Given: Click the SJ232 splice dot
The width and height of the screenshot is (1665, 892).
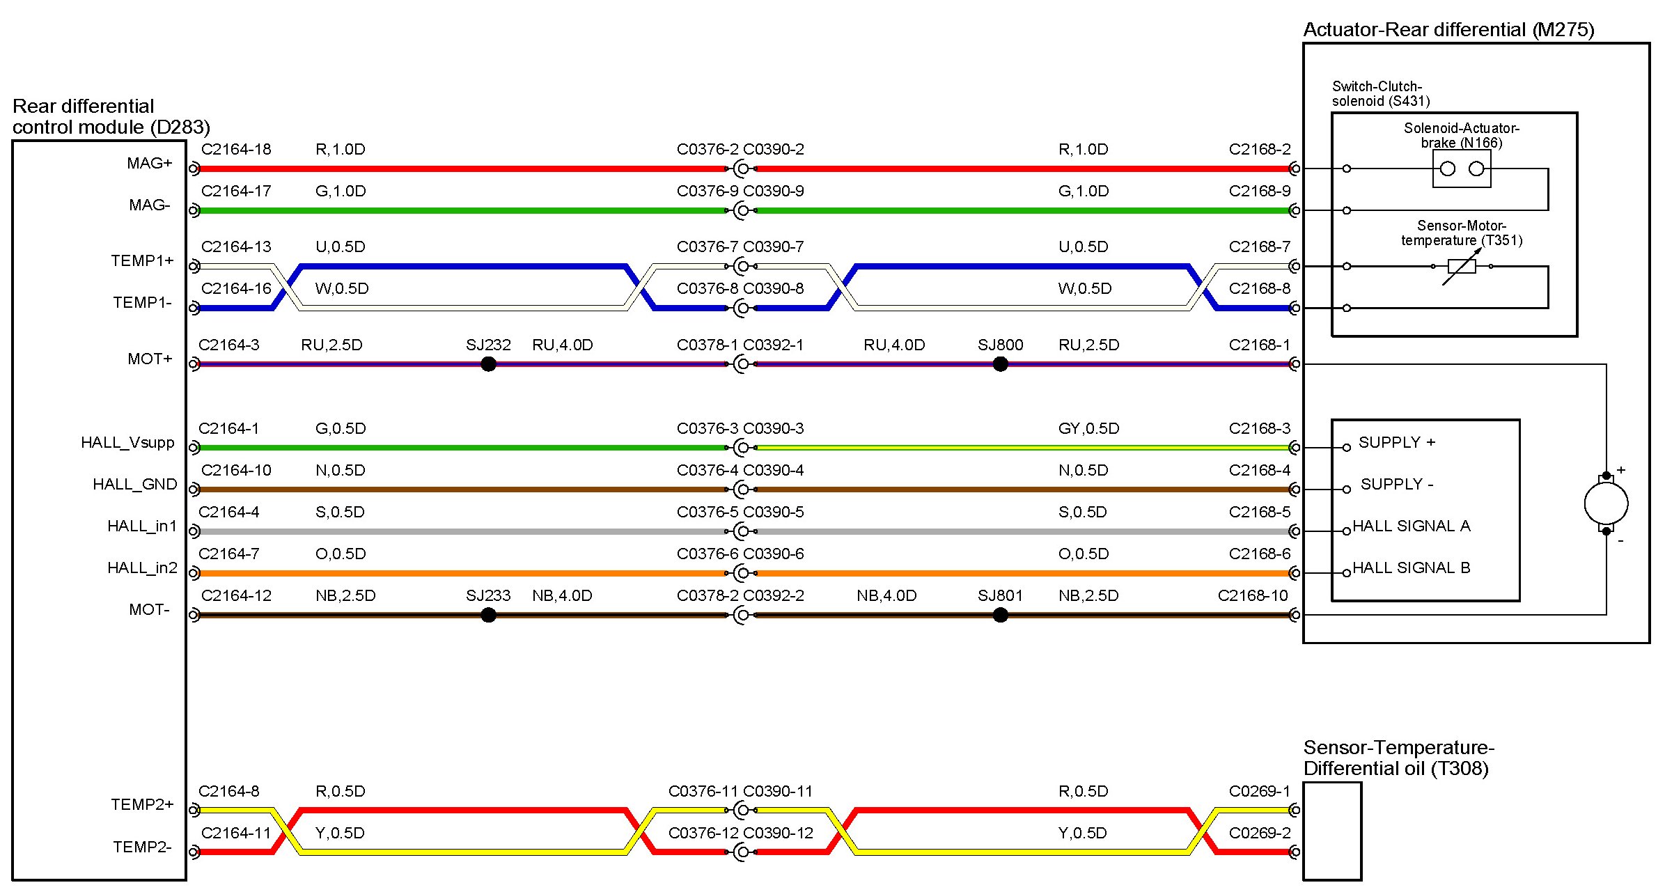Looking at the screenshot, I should (x=489, y=363).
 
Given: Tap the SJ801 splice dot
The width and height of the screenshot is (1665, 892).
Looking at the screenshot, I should (x=1001, y=615).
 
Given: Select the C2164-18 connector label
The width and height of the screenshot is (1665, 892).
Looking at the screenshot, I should (x=236, y=149).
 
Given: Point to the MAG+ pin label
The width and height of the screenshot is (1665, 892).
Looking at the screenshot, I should (x=149, y=163).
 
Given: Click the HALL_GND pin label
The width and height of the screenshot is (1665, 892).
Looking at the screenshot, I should (x=134, y=484).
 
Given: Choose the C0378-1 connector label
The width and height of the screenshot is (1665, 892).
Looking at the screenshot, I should (x=708, y=345).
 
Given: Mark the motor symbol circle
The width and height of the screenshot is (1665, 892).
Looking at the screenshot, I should (x=1606, y=503).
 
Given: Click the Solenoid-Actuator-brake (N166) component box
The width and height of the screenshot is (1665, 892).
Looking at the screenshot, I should (x=1462, y=169).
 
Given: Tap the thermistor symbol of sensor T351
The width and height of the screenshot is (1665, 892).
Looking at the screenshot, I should (x=1462, y=266).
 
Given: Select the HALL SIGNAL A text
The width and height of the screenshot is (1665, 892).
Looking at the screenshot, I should (x=1412, y=526).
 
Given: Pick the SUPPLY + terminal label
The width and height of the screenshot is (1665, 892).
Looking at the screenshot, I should (x=1397, y=442).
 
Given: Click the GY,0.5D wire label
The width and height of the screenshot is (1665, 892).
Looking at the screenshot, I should (x=1088, y=428).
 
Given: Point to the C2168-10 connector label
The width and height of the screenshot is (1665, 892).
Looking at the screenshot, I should (x=1253, y=595).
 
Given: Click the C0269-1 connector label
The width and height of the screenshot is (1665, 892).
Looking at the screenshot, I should (x=1260, y=791).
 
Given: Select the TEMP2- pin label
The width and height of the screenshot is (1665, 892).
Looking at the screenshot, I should (x=142, y=847).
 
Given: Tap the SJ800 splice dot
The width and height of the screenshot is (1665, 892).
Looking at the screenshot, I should (x=1001, y=363).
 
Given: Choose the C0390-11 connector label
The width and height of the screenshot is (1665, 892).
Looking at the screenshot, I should (x=778, y=791).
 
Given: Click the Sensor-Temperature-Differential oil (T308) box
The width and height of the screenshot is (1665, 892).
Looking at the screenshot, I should (x=1332, y=831).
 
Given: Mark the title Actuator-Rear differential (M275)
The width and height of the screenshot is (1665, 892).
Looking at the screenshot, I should (x=1448, y=29).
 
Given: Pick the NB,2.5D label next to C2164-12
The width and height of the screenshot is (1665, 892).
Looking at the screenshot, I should (x=345, y=595).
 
